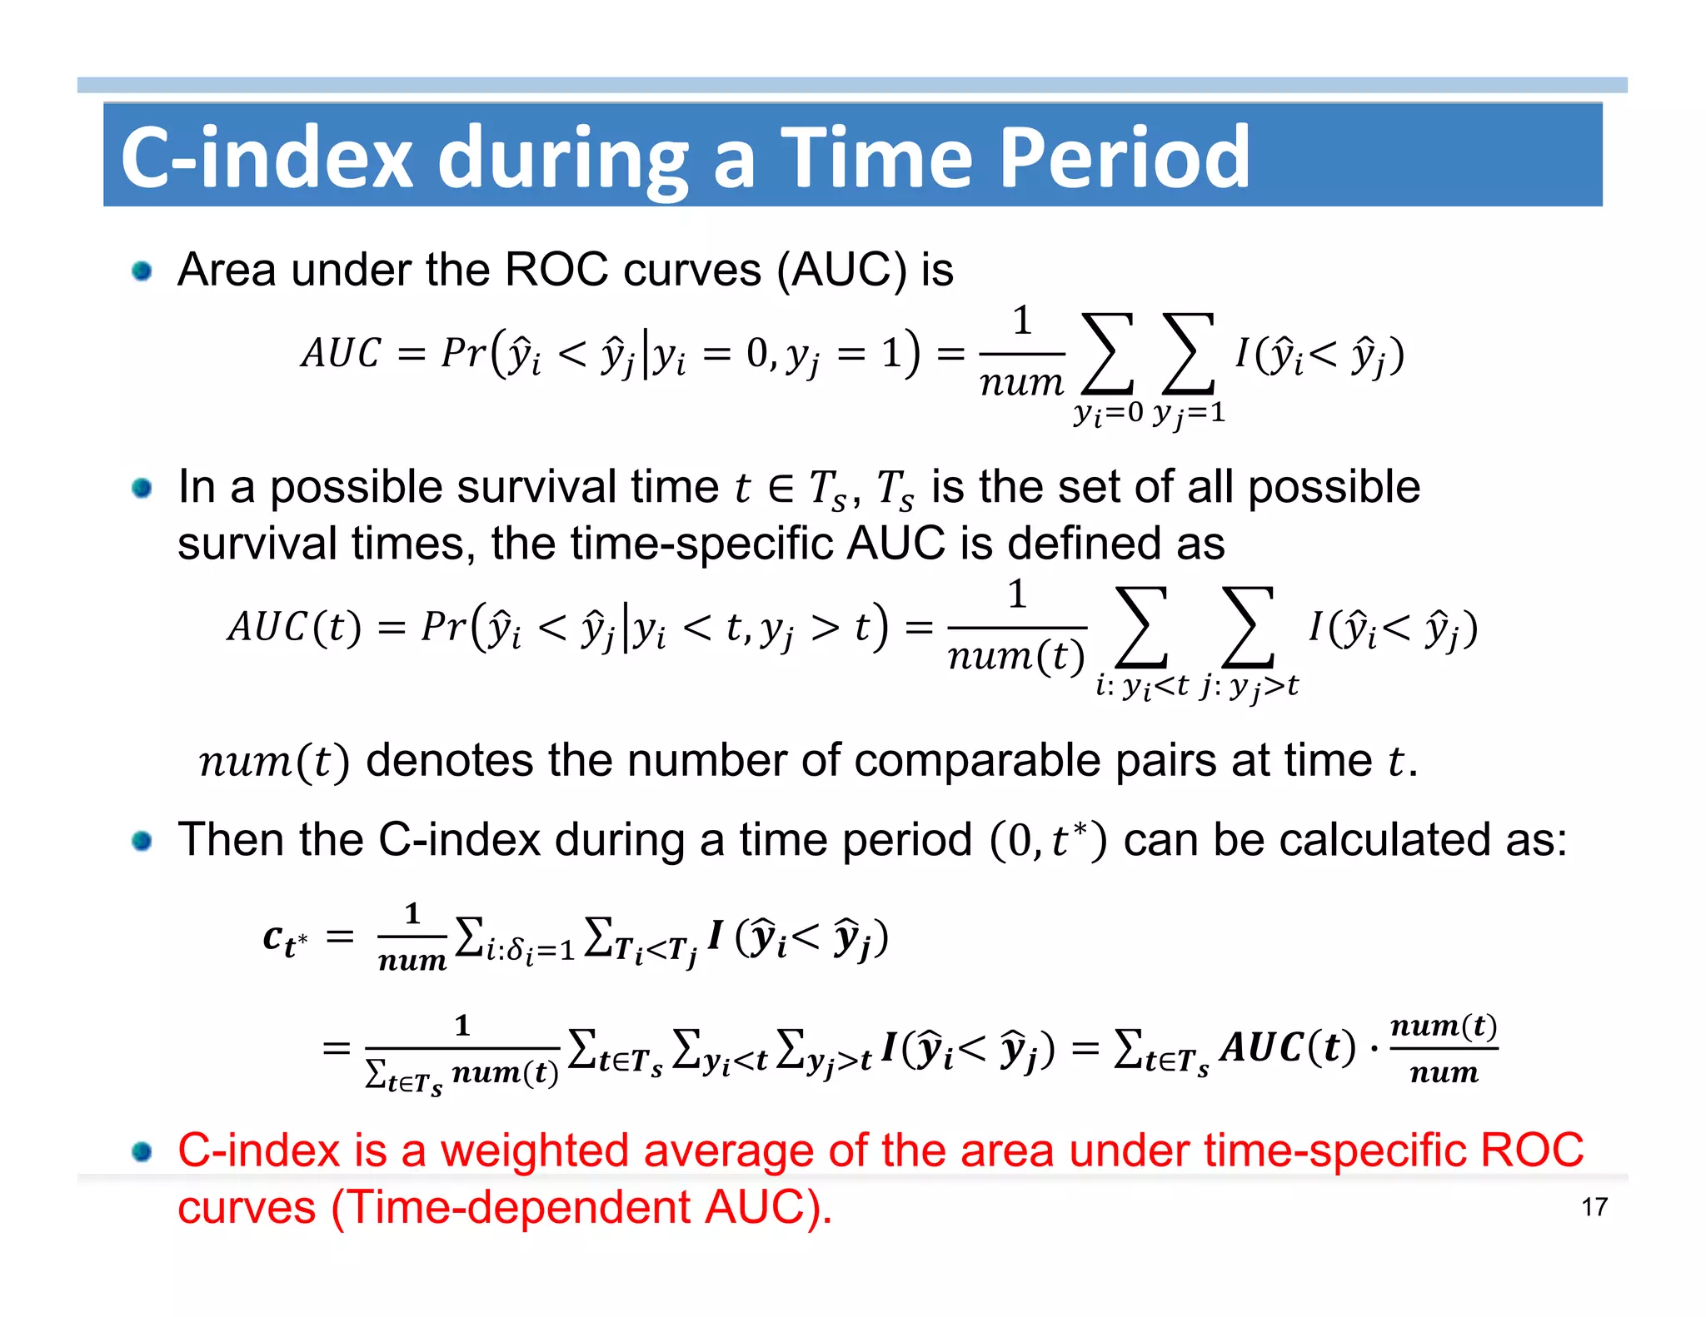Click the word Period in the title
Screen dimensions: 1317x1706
[1124, 157]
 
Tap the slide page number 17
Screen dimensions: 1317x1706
[1594, 1206]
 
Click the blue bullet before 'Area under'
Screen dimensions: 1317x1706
[142, 271]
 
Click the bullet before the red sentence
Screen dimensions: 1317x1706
[142, 1151]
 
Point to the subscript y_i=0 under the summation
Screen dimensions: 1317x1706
[1108, 412]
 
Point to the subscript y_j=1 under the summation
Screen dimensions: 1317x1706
[1189, 413]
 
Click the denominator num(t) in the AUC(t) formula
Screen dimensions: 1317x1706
[1016, 657]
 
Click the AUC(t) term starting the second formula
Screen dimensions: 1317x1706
[294, 627]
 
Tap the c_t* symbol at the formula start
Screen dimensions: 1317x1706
[285, 939]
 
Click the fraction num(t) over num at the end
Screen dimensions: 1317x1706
[1444, 1048]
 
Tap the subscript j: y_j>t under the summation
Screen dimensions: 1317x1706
[1249, 686]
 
